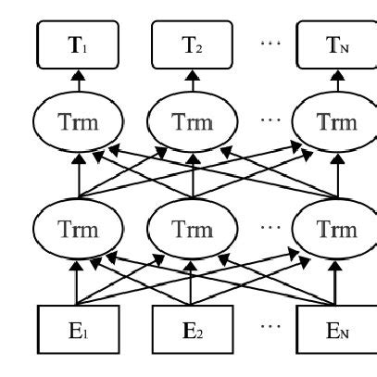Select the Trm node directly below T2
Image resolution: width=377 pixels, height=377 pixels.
191,121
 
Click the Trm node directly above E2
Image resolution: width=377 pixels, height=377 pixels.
191,228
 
